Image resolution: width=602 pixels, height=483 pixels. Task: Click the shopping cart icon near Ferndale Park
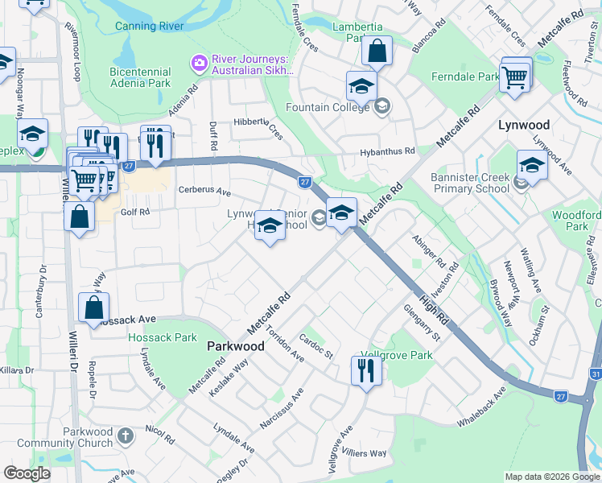pyautogui.click(x=514, y=77)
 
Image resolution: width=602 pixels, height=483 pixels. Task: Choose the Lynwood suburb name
pyautogui.click(x=523, y=126)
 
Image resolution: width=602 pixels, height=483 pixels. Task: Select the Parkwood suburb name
pyautogui.click(x=235, y=345)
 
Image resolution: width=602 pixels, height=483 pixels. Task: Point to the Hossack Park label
pyautogui.click(x=163, y=337)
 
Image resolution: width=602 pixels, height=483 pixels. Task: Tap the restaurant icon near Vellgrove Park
pyautogui.click(x=365, y=370)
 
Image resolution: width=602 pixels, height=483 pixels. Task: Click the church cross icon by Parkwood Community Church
pyautogui.click(x=125, y=436)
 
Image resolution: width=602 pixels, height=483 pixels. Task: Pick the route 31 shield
pyautogui.click(x=596, y=374)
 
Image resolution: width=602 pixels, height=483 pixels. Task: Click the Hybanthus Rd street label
pyautogui.click(x=388, y=151)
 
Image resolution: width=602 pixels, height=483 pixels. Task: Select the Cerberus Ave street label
pyautogui.click(x=204, y=193)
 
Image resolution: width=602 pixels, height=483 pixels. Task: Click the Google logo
pyautogui.click(x=27, y=473)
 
